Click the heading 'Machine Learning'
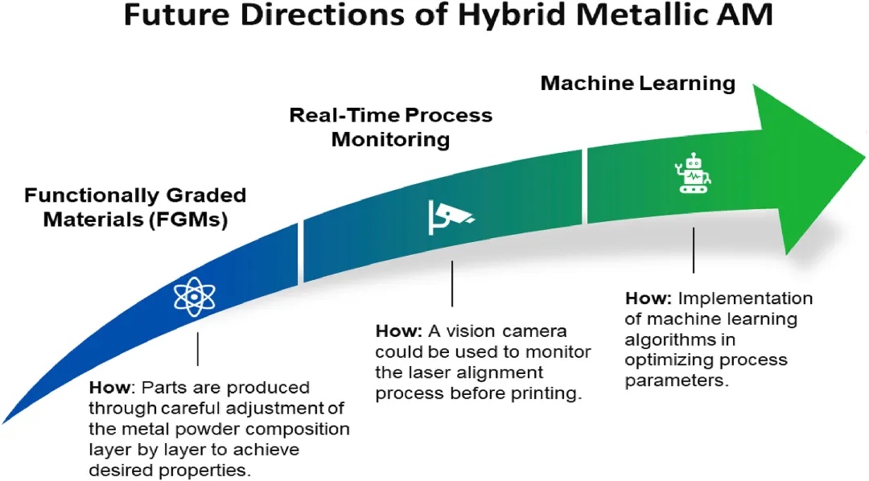tap(637, 83)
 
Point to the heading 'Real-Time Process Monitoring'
tap(390, 126)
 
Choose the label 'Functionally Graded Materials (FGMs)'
tap(135, 207)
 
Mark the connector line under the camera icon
tap(452, 282)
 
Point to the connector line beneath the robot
tap(694, 250)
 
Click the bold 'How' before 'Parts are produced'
tap(106, 387)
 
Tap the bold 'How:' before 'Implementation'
tap(648, 298)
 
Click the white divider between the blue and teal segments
tap(301, 253)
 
